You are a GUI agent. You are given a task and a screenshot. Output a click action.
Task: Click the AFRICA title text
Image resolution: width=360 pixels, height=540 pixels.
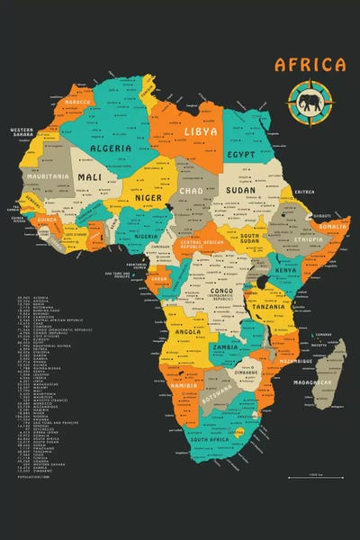pos(310,65)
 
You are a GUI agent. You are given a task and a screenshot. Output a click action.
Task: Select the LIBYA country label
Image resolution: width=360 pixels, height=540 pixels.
pos(201,131)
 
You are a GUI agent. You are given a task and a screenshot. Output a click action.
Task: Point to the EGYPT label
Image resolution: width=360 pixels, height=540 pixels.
pos(242,154)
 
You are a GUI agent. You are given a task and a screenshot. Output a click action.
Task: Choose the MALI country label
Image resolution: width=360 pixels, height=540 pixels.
pos(90,177)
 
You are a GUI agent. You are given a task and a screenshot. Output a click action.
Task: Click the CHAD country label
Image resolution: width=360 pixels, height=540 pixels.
pos(191,191)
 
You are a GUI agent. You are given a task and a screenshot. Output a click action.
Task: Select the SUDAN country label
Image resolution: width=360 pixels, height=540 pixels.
pos(240,191)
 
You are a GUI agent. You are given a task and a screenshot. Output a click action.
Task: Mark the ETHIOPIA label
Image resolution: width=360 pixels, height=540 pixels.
pos(308,240)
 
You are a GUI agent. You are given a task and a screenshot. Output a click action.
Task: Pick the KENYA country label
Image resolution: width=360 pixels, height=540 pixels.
pos(285,270)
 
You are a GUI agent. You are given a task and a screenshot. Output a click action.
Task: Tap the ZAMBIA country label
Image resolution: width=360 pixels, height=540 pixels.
pos(225,346)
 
